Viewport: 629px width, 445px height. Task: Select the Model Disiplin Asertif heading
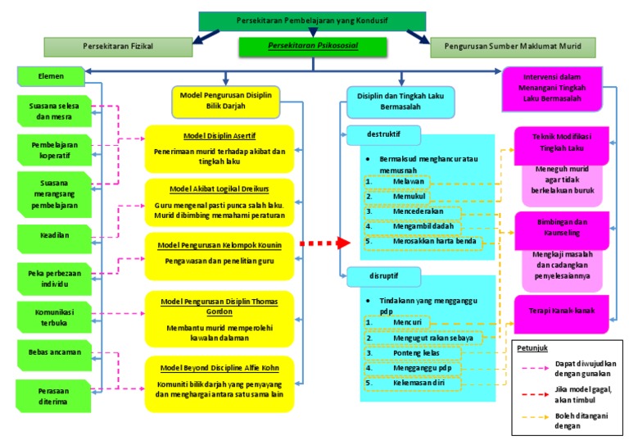219,136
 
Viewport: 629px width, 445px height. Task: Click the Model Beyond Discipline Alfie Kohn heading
219,367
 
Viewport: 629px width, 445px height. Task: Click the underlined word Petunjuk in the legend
532,348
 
